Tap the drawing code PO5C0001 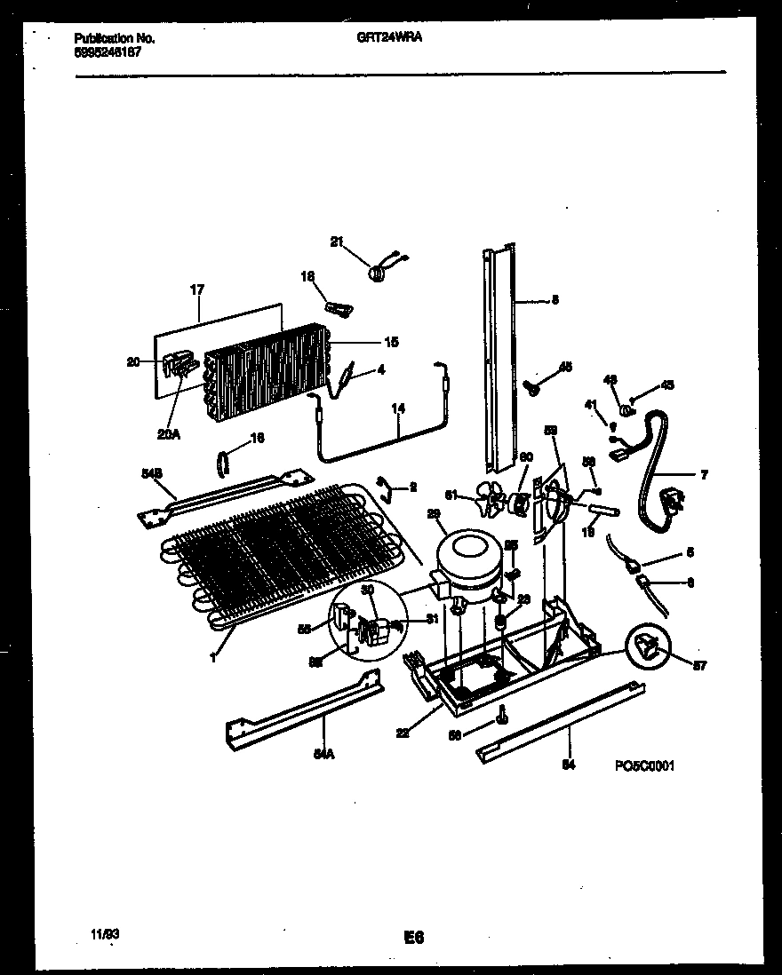(643, 765)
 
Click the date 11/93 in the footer (105, 935)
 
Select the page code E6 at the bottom (413, 937)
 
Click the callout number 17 (197, 289)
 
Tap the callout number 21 (336, 242)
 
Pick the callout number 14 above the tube (397, 409)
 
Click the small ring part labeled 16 (222, 463)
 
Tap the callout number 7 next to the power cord (703, 476)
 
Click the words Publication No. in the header (115, 38)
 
